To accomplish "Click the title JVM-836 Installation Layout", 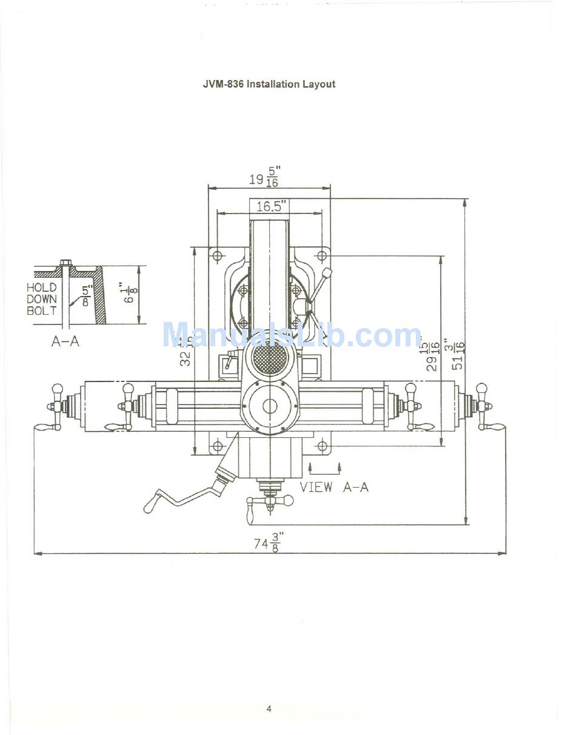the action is coord(269,84).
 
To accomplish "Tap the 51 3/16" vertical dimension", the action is coord(459,354).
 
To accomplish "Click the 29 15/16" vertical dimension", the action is coord(433,355).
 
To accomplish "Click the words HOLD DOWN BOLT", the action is coord(42,299).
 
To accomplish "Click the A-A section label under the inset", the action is coord(65,341).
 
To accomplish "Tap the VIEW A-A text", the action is coord(334,486).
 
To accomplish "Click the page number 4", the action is coord(269,709).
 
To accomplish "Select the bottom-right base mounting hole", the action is coord(323,447).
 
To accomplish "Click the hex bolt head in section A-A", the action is coord(65,263).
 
